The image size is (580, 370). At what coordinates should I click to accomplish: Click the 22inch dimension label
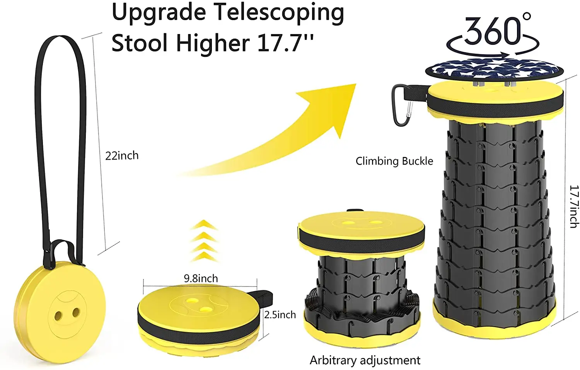tap(122, 155)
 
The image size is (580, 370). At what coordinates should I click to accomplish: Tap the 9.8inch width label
tap(201, 278)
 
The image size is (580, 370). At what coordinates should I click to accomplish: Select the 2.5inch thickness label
tap(280, 315)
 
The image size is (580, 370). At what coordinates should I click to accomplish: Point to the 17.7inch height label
tap(574, 206)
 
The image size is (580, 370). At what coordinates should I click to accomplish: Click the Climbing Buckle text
tap(394, 161)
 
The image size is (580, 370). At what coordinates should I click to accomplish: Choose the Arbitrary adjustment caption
tap(365, 360)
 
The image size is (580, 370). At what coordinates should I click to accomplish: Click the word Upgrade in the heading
tap(159, 13)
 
